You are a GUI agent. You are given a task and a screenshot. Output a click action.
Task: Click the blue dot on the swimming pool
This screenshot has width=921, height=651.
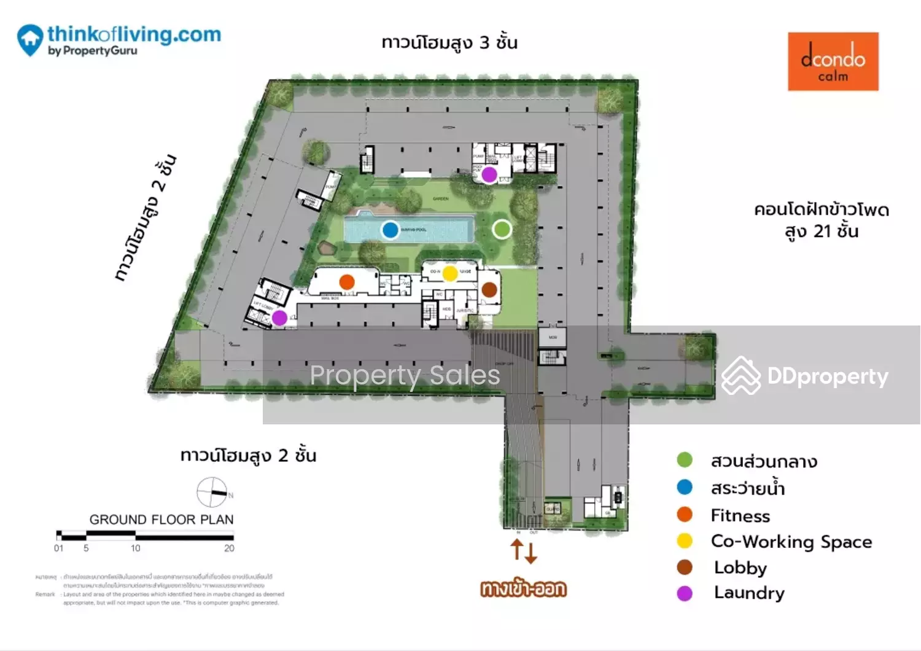point(390,230)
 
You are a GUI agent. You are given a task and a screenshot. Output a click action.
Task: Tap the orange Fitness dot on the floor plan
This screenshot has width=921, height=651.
point(347,282)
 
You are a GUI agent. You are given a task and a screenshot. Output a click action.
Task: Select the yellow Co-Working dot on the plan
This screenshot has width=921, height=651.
point(450,273)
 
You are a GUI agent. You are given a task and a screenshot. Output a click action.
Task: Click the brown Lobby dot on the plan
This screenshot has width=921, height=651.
point(489,289)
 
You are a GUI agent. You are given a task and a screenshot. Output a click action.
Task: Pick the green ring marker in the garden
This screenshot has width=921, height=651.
point(502,229)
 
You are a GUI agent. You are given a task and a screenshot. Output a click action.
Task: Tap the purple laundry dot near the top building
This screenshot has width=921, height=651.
point(489,175)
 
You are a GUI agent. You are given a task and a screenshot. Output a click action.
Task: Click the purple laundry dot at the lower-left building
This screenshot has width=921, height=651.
point(279,318)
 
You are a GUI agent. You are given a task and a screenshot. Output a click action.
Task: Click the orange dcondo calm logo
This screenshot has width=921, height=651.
point(833,61)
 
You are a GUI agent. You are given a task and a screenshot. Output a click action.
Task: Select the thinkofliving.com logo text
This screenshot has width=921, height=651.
point(134,34)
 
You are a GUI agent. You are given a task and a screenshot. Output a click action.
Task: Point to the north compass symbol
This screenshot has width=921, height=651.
point(212,493)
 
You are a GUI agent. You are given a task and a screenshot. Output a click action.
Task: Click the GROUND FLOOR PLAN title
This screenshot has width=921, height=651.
point(161,520)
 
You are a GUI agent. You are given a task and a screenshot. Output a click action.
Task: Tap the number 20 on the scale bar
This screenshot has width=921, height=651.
point(229,548)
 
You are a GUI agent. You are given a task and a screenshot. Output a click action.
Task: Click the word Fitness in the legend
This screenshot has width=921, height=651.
point(740,516)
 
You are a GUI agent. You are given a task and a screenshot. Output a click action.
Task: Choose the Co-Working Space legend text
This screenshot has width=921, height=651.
point(791,542)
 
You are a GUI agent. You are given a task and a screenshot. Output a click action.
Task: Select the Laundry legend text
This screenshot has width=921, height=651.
point(749,593)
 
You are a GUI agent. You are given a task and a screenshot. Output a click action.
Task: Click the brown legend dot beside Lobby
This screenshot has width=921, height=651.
point(685,567)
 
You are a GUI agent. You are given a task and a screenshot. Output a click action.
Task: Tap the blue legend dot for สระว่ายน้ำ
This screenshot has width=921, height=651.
point(685,488)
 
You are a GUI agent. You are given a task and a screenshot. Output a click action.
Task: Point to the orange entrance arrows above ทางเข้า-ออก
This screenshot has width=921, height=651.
point(524,551)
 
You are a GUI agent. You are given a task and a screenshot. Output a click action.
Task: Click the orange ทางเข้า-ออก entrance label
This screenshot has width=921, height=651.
point(523,589)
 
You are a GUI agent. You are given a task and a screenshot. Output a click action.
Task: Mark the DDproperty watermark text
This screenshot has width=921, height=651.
point(827,376)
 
